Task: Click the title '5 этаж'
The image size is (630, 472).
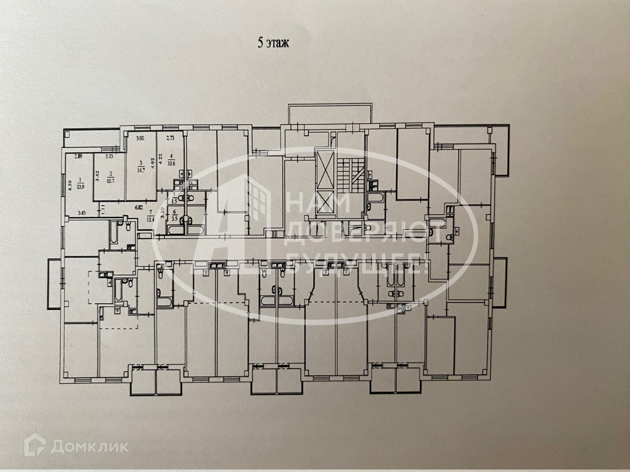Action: click(274, 43)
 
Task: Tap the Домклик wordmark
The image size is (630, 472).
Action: click(89, 446)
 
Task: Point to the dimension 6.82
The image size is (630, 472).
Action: click(139, 208)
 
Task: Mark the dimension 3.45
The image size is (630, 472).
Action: click(82, 213)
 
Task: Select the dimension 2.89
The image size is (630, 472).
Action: click(79, 157)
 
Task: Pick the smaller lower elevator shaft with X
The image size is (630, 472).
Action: click(325, 202)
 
